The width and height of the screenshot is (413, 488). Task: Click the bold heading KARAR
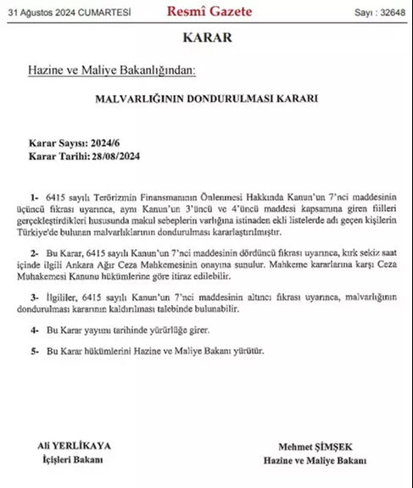(x=206, y=39)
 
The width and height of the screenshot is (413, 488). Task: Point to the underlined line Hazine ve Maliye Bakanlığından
(x=116, y=70)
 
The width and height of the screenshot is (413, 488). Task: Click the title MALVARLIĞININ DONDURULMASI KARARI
(x=206, y=98)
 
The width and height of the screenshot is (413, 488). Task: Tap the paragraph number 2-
(x=35, y=253)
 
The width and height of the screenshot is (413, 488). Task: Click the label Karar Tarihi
(x=52, y=157)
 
